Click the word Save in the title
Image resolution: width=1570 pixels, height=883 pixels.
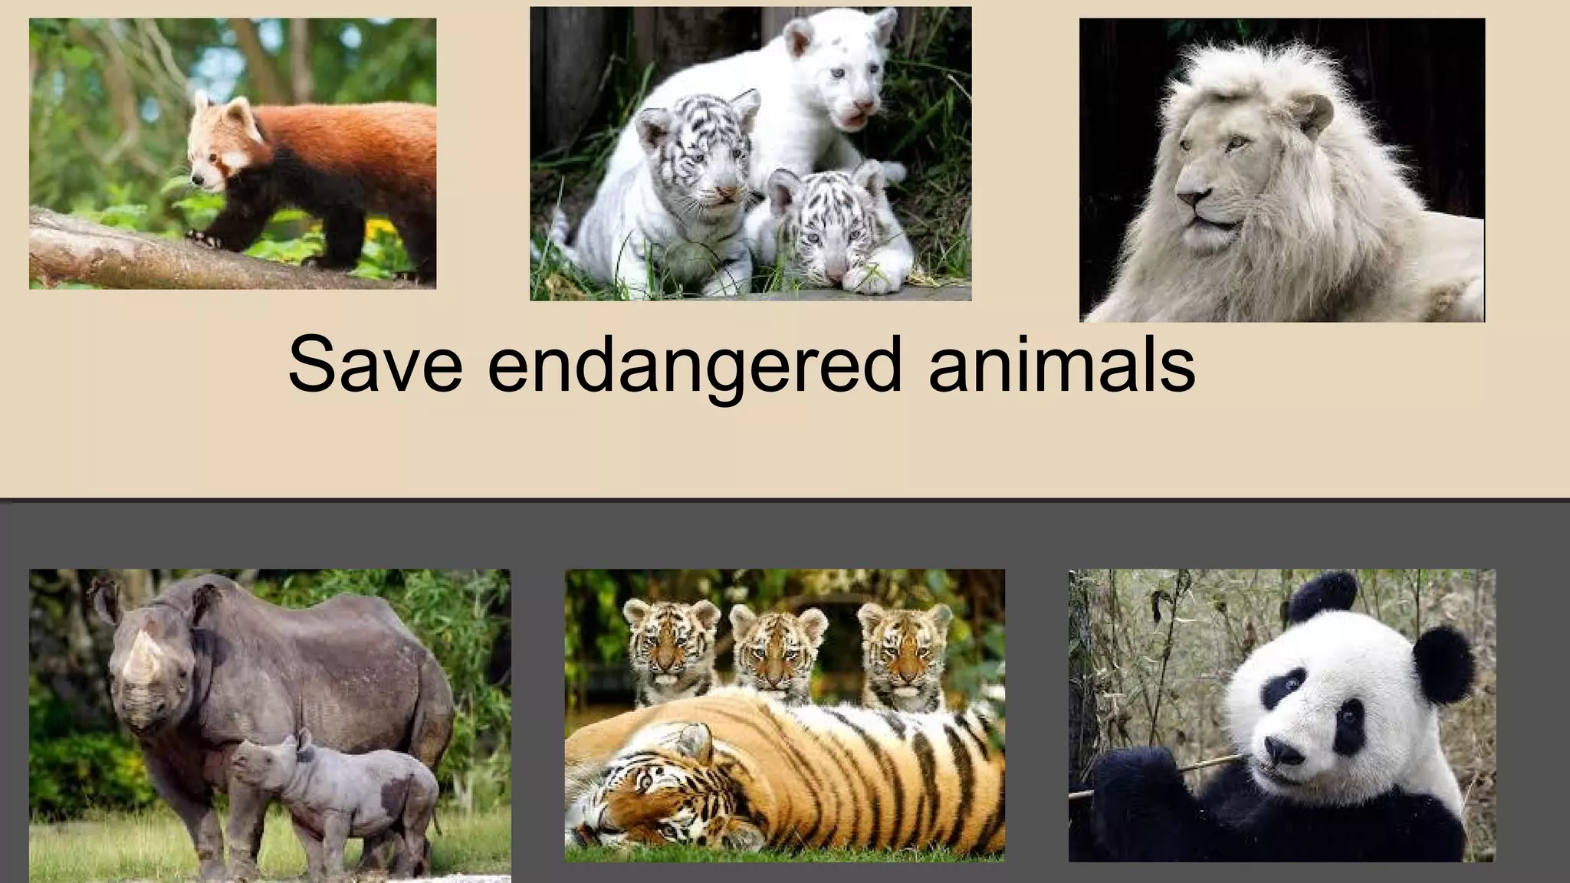[x=375, y=364]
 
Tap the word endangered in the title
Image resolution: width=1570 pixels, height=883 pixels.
[x=695, y=366]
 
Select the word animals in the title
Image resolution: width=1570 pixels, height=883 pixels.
[x=1061, y=364]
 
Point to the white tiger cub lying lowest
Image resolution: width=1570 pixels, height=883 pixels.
[x=824, y=230]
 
